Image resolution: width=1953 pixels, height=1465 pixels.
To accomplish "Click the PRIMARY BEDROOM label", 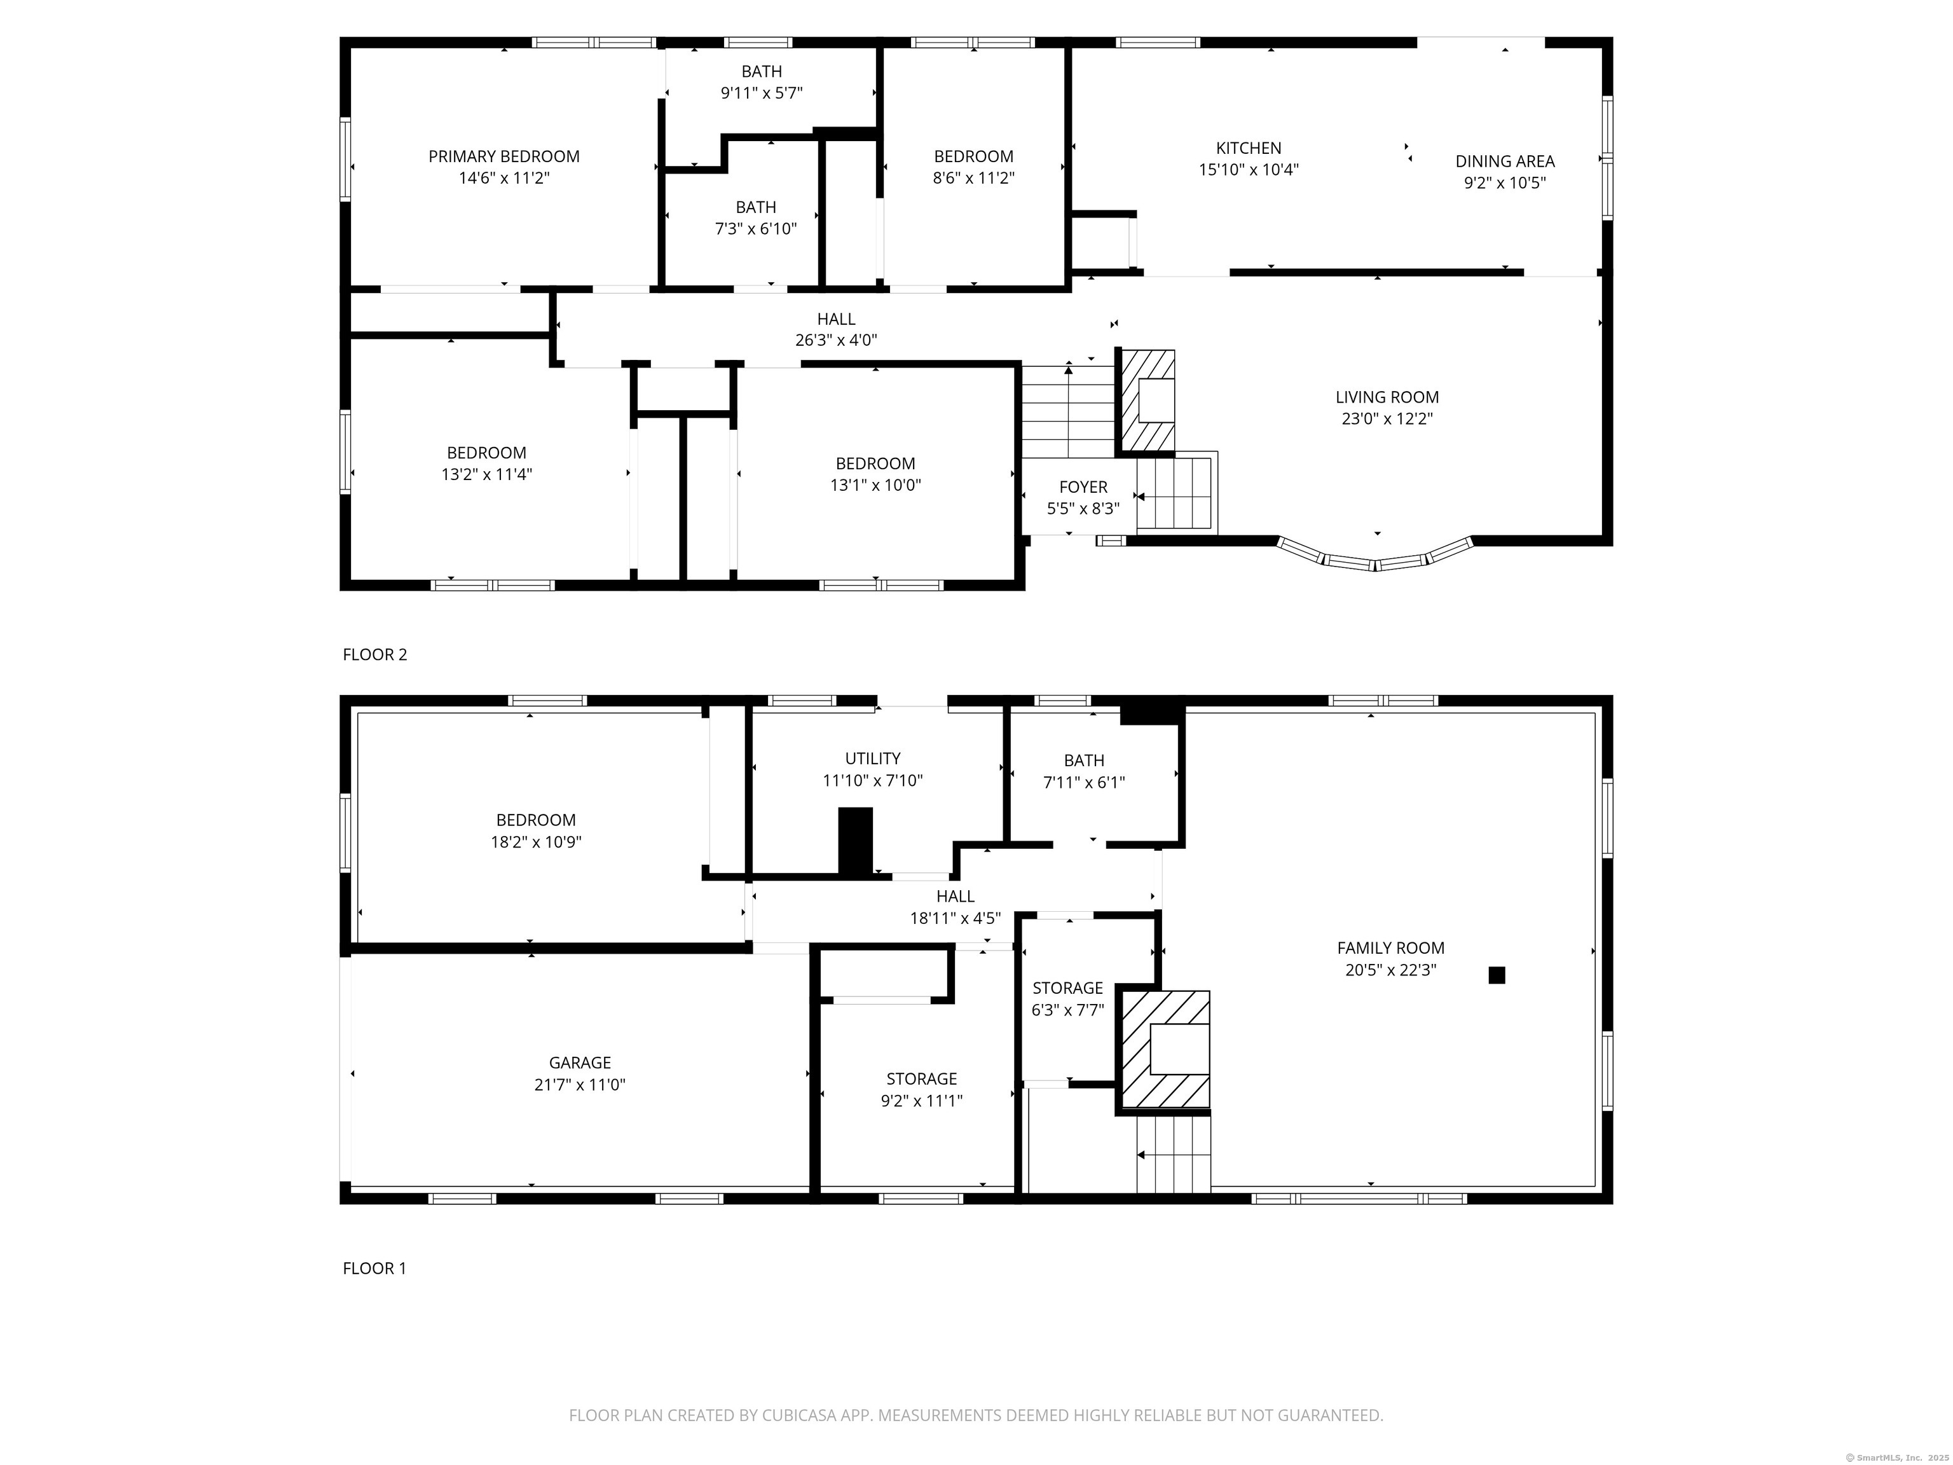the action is pyautogui.click(x=504, y=156).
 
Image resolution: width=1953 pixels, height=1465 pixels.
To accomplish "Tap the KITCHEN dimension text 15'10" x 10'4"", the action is pyautogui.click(x=1249, y=170).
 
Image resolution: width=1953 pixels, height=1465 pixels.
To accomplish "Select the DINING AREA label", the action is pyautogui.click(x=1504, y=162).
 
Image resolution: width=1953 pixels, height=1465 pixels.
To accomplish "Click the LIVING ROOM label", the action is pyautogui.click(x=1387, y=397).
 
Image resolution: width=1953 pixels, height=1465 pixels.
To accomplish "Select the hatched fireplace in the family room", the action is pyautogui.click(x=1165, y=1049).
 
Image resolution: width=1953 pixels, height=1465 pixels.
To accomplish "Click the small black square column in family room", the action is pyautogui.click(x=1497, y=975).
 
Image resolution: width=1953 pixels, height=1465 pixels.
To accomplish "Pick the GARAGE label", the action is pyautogui.click(x=580, y=1063).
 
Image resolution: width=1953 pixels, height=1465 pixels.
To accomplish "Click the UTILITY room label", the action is pyautogui.click(x=872, y=759).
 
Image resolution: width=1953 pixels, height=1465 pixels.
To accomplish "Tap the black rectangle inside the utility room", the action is pyautogui.click(x=854, y=842).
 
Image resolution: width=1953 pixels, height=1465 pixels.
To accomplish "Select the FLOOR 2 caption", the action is pyautogui.click(x=375, y=654).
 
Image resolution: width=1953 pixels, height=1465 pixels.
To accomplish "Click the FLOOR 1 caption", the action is pyautogui.click(x=375, y=1268).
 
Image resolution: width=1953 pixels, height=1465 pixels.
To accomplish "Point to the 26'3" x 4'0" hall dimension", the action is pyautogui.click(x=836, y=340).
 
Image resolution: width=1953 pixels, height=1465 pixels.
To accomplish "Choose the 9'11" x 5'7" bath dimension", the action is pyautogui.click(x=761, y=93).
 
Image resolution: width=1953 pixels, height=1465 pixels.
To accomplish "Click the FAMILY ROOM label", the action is pyautogui.click(x=1390, y=947).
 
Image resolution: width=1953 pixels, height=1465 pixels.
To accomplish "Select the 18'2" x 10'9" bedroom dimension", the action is pyautogui.click(x=536, y=842).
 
